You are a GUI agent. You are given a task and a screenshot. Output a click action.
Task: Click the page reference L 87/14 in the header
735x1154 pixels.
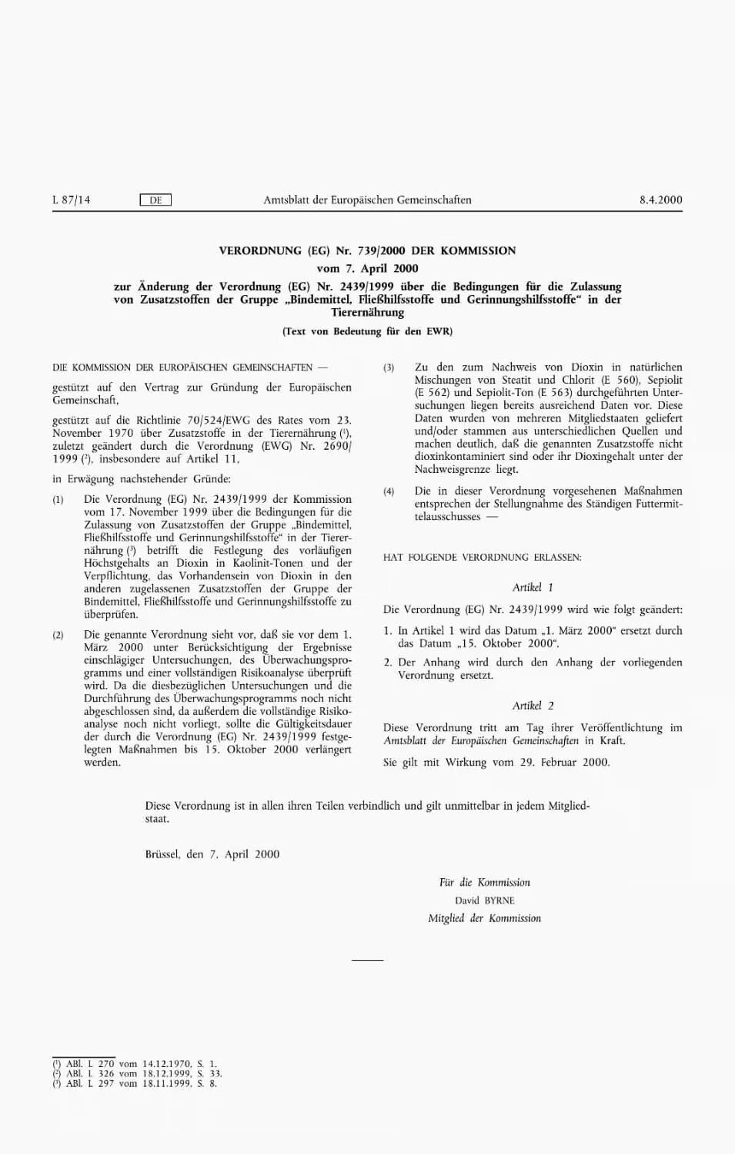pos(71,200)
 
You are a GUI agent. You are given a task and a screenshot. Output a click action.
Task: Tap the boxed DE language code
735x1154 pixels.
pos(155,200)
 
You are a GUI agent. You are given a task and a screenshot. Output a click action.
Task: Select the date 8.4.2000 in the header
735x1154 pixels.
pos(660,200)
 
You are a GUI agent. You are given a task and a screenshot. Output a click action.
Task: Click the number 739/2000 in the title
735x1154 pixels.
pos(383,250)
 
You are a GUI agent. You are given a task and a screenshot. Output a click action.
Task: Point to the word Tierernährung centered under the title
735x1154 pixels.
pos(367,313)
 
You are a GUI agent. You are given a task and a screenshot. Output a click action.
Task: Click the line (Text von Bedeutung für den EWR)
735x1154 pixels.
pos(367,331)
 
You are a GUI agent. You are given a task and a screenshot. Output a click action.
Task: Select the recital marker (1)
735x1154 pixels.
pos(58,500)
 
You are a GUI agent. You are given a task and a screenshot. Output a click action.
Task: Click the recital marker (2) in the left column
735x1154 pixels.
pos(58,636)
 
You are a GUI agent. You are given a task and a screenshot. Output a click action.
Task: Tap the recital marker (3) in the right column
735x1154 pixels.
pos(389,368)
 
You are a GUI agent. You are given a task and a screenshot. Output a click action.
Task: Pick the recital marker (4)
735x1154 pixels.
pos(389,491)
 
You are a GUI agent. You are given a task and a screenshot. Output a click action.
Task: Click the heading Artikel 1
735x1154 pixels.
pos(533,588)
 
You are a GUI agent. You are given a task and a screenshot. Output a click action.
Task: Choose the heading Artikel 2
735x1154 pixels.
pos(533,706)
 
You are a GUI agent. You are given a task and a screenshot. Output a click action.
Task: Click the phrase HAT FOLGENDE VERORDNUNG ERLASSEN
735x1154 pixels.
pos(482,557)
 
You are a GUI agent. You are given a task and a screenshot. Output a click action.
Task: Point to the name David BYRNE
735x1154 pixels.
pos(484,901)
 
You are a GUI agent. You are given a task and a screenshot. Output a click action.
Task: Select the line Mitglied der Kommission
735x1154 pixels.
pos(484,918)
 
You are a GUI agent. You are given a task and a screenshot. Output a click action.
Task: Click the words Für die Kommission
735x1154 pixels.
pos(484,883)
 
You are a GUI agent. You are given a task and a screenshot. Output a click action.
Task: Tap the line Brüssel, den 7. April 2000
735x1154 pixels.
pos(212,854)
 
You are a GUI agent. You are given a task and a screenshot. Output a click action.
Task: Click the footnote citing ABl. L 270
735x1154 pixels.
pos(135,1064)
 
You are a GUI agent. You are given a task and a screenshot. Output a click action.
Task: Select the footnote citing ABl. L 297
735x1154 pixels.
pos(135,1084)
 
